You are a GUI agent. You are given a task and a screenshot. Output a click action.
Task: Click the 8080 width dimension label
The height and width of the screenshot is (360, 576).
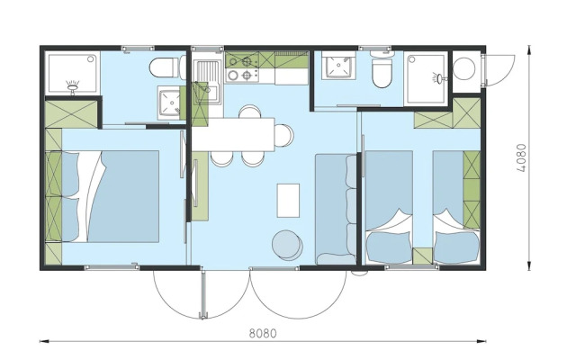coord(263,333)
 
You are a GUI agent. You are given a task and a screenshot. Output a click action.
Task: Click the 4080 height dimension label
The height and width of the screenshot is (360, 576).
coord(520,158)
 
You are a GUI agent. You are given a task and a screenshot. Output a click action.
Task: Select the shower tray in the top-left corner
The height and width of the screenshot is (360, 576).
coord(72,73)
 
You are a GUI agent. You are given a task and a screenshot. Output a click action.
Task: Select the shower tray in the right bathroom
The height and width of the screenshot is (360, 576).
coord(426,78)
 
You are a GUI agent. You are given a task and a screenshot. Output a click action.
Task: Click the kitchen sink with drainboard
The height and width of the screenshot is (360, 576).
coord(208,82)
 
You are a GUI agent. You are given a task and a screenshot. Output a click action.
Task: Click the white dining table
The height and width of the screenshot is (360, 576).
coord(234,134)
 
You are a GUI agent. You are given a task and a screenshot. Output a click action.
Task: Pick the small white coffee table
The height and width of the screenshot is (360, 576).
coord(288,201)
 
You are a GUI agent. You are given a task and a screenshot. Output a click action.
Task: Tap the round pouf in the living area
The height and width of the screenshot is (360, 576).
coord(287,244)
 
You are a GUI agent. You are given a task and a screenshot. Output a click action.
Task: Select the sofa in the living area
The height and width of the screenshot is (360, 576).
coord(336,209)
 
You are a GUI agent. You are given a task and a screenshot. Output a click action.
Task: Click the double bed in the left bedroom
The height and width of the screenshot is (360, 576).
coord(110,196)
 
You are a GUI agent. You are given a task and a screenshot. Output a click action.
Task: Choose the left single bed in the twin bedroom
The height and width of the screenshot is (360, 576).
coord(389,207)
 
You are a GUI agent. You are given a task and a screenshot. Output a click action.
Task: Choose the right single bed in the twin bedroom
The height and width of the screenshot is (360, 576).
coord(456,207)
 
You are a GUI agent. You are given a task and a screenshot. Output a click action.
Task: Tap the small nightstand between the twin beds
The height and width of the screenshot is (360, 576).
coord(422,256)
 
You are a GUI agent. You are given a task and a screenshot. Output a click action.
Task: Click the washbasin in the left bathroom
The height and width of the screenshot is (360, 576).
coord(169,103)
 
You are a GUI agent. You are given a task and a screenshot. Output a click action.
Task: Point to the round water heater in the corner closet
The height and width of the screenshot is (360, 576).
coord(464,68)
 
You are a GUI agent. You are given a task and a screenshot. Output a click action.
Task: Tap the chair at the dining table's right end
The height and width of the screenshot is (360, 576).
coord(284,135)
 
